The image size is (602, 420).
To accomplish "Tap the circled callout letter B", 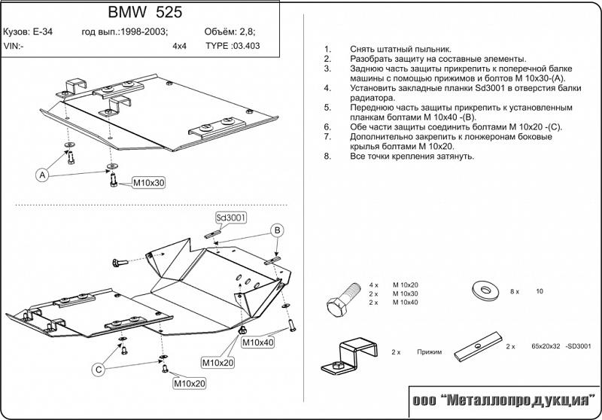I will [x=277, y=230].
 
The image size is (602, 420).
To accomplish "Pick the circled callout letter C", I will [x=98, y=369].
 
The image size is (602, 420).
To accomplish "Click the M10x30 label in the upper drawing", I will [x=149, y=182].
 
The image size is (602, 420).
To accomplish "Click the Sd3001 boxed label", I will [x=232, y=218].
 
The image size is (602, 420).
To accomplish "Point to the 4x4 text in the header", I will [x=180, y=45].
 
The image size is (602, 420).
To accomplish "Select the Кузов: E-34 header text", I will [x=28, y=32].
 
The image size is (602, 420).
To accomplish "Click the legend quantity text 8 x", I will [x=515, y=291].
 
